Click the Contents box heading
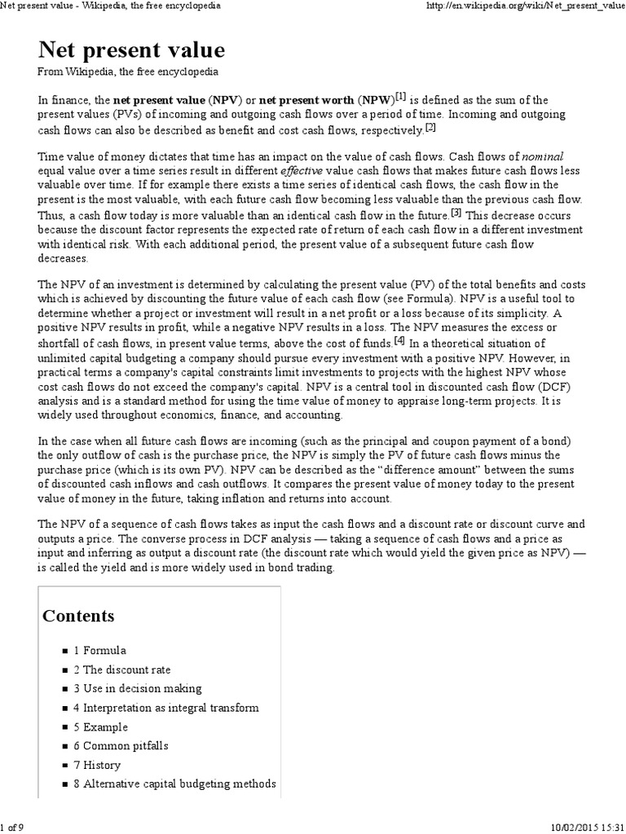[78, 615]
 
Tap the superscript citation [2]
[431, 127]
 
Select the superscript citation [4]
[399, 340]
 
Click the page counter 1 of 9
[12, 827]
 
